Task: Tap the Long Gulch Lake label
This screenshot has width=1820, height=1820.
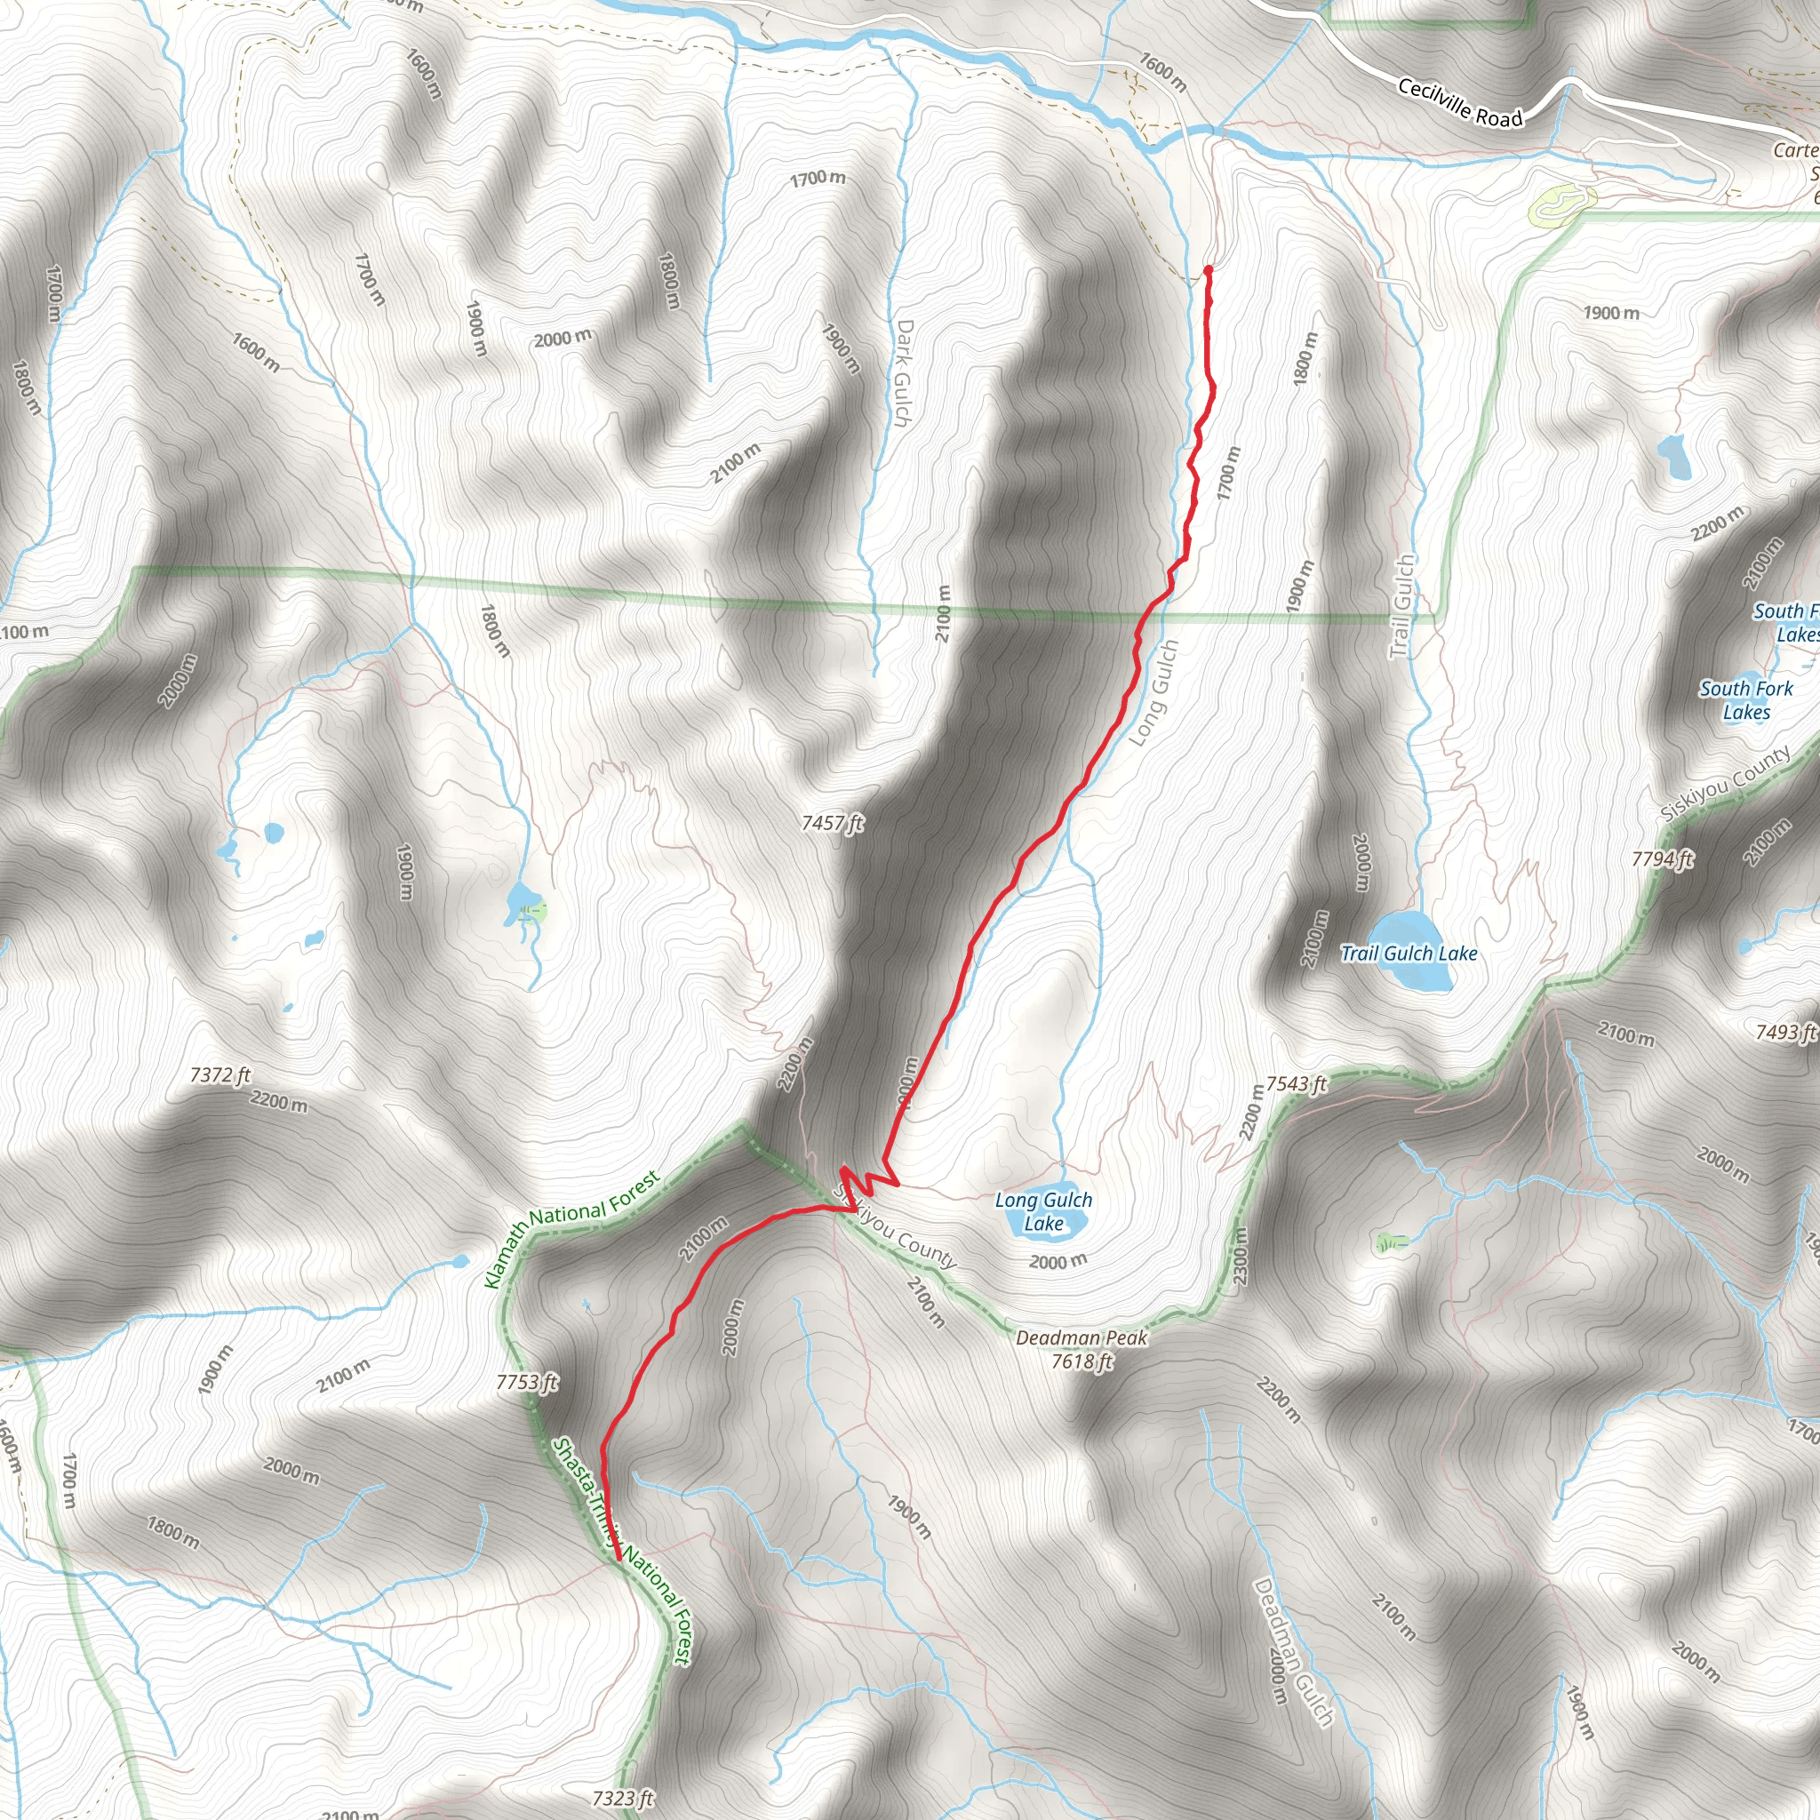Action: pyautogui.click(x=1044, y=1211)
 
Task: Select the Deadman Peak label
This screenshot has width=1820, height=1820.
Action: pyautogui.click(x=1082, y=1337)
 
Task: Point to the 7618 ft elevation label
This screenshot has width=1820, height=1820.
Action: pyautogui.click(x=1082, y=1361)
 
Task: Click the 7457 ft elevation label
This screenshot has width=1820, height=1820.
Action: pyautogui.click(x=833, y=823)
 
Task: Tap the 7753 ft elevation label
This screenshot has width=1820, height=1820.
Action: pyautogui.click(x=528, y=1382)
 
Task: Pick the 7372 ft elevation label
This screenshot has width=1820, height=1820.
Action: pyautogui.click(x=220, y=1075)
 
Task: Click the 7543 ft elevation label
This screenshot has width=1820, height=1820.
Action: pyautogui.click(x=1297, y=1084)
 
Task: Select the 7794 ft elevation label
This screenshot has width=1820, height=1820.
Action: pyautogui.click(x=1663, y=859)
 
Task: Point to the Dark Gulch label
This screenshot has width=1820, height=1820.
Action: pyautogui.click(x=903, y=372)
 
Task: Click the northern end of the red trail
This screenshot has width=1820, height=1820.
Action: pyautogui.click(x=1207, y=270)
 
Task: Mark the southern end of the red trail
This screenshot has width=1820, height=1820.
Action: pyautogui.click(x=618, y=1560)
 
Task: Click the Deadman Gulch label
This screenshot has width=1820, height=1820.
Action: pyautogui.click(x=1292, y=1653)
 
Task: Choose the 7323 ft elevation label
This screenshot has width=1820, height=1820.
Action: pyautogui.click(x=623, y=1799)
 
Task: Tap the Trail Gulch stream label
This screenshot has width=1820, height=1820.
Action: pyautogui.click(x=1401, y=607)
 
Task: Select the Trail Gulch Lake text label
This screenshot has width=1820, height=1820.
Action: pyautogui.click(x=1409, y=954)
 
